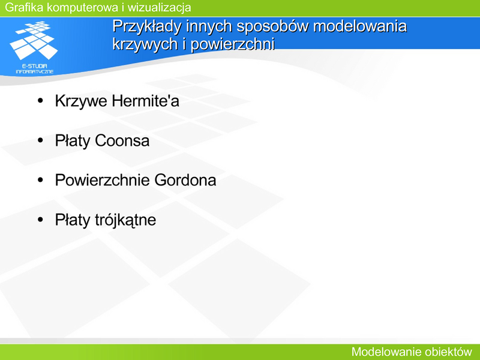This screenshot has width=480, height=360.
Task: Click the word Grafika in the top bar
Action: (x=24, y=7)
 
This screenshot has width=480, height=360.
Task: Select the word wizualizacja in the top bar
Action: (x=159, y=8)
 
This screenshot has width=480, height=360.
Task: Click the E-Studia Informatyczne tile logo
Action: (x=34, y=40)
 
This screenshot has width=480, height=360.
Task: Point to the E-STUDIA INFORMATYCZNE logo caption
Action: (x=35, y=69)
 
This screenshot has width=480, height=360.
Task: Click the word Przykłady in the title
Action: (x=147, y=26)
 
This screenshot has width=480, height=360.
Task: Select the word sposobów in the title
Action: (x=273, y=26)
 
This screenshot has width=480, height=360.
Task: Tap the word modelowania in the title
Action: (x=360, y=26)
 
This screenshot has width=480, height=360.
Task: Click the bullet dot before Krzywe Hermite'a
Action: (x=40, y=100)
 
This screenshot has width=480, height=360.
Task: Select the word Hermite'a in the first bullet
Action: (x=145, y=100)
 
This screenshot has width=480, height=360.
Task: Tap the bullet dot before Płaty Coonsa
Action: (x=40, y=140)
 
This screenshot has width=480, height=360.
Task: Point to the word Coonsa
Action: (x=122, y=140)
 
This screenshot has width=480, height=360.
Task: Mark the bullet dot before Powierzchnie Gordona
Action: (x=40, y=180)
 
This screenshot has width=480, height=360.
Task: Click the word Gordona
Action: (x=185, y=180)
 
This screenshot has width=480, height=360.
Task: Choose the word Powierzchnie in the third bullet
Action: (x=102, y=180)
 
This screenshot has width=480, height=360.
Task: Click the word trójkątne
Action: (x=125, y=220)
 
